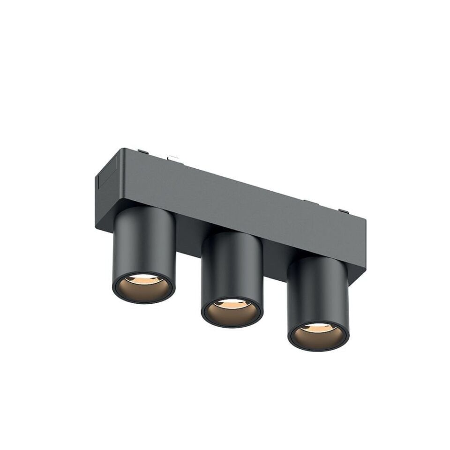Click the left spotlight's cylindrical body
(x=144, y=244)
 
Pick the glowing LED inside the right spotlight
(x=317, y=327)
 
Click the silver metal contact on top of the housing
(x=174, y=158)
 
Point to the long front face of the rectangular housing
(x=244, y=206)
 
